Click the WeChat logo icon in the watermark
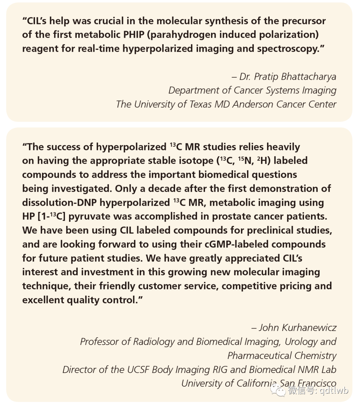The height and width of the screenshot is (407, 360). [278, 390]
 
